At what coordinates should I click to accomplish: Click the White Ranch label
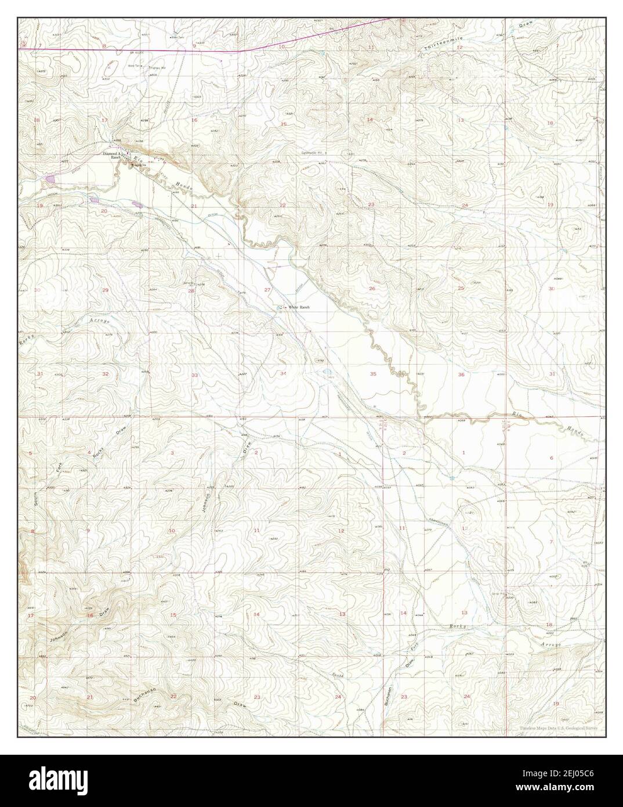pyautogui.click(x=299, y=307)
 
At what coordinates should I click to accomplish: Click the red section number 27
pyautogui.click(x=267, y=290)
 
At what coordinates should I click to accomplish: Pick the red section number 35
pyautogui.click(x=373, y=374)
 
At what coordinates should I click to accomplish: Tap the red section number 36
pyautogui.click(x=461, y=374)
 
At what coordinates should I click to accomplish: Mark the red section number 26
pyautogui.click(x=372, y=289)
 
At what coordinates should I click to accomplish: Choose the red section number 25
pyautogui.click(x=461, y=289)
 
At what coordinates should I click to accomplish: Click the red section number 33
pyautogui.click(x=194, y=375)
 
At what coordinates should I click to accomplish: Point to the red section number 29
pyautogui.click(x=105, y=290)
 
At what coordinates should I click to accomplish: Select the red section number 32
pyautogui.click(x=105, y=374)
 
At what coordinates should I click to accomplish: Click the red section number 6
pyautogui.click(x=551, y=458)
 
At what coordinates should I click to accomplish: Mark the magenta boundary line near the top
pyautogui.click(x=145, y=51)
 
